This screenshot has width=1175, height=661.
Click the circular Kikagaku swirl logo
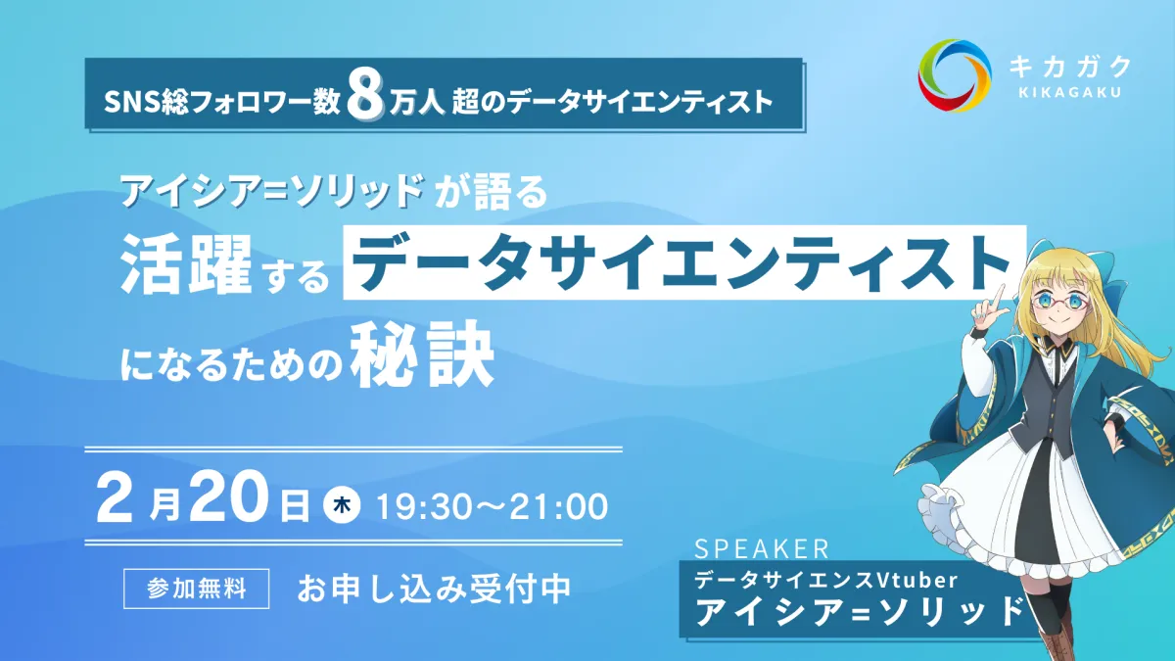coord(955,75)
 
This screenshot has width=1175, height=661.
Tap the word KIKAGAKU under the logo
coord(1070,93)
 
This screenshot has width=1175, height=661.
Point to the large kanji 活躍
coord(186,263)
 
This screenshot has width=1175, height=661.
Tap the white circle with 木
coord(342,505)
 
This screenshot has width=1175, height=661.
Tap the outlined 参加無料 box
coord(196,589)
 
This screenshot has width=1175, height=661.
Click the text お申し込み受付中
coord(434,589)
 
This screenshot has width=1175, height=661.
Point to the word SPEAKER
coord(762,548)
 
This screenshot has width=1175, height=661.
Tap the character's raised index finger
coord(1000,297)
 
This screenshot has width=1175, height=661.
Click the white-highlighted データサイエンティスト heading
coord(684,262)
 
